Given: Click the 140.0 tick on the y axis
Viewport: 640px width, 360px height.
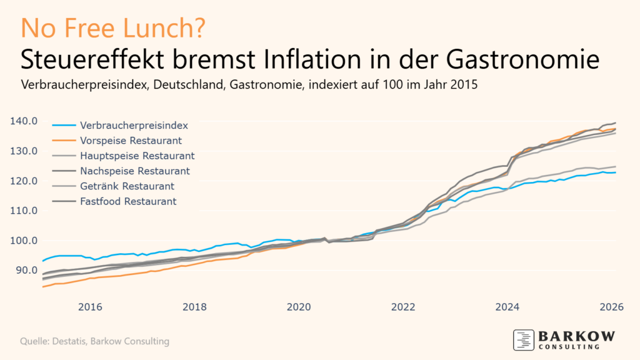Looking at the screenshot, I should tap(25, 121).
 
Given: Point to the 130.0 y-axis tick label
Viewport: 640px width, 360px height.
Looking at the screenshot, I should tap(25, 151).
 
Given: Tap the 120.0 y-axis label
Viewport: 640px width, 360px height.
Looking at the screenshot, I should tap(25, 181).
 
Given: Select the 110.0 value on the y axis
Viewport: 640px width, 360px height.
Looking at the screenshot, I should tap(25, 211).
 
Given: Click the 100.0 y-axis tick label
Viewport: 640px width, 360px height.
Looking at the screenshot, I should tap(25, 241).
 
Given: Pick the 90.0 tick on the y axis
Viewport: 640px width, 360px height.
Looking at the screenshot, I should tap(27, 270).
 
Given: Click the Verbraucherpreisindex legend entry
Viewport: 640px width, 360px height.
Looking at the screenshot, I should tap(134, 125).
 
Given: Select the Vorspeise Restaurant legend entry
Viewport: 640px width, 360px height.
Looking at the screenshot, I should tap(131, 140).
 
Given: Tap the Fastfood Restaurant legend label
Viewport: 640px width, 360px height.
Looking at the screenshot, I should tap(128, 201).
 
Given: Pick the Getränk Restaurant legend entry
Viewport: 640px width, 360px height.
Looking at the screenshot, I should tap(127, 186).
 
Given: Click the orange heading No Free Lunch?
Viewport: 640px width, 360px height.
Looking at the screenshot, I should tap(112, 28).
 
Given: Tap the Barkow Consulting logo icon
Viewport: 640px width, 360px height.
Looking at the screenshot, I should tap(523, 339).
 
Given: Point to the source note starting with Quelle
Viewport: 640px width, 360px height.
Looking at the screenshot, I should tap(94, 341).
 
